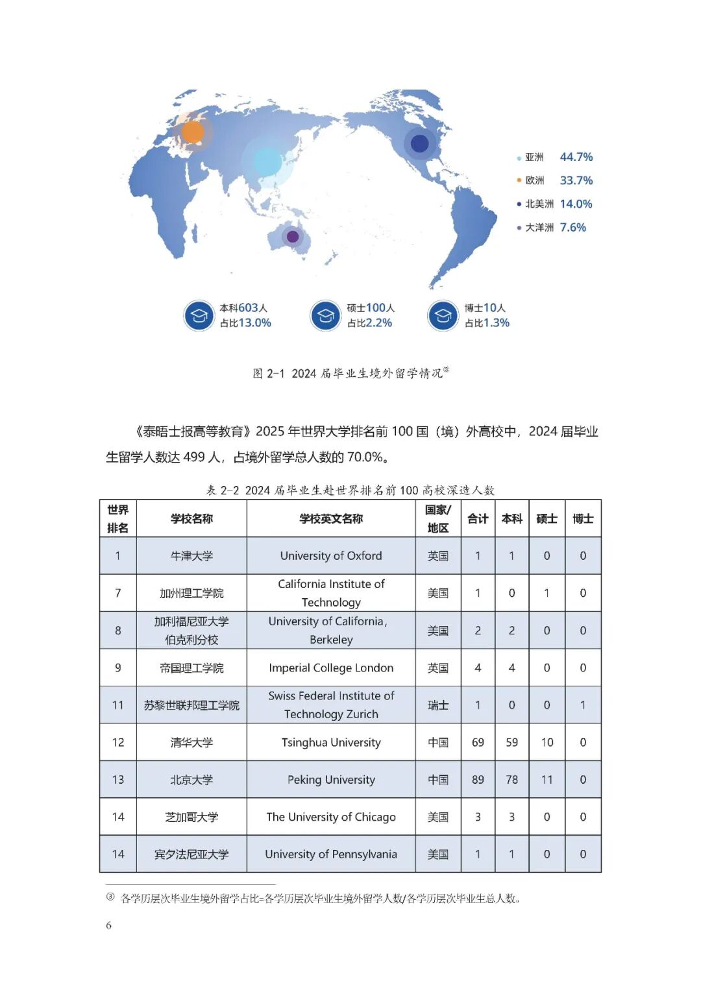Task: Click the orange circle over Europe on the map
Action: pos(192,132)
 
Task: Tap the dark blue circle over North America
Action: pos(420,143)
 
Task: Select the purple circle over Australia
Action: pos(293,237)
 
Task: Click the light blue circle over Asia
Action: pos(267,162)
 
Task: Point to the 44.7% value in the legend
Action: pos(576,157)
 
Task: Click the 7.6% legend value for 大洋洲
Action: pos(572,227)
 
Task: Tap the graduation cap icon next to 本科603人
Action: pos(199,316)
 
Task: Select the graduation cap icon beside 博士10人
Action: pos(443,316)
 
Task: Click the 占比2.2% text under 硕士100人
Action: pos(369,323)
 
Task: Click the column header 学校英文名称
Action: pos(331,518)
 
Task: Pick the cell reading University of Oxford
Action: pos(331,556)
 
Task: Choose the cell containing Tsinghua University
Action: pos(331,742)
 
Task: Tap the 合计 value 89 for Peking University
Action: pos(478,780)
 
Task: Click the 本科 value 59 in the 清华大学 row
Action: pos(511,742)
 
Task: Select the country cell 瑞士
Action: pos(438,705)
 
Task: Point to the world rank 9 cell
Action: pos(117,668)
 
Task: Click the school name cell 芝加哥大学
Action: pos(191,817)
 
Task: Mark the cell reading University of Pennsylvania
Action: pos(331,854)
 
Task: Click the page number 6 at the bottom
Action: pos(108,925)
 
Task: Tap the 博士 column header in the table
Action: pos(583,518)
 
